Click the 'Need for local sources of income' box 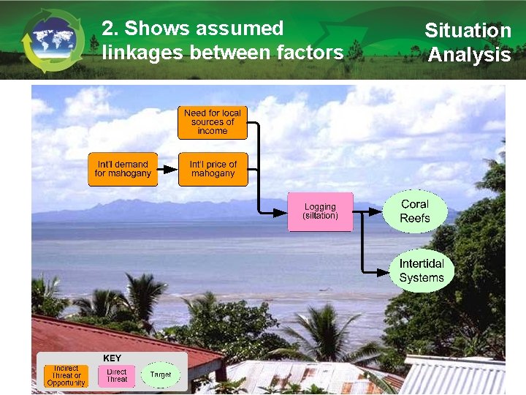[x=213, y=122]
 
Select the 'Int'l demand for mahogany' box [x=123, y=169]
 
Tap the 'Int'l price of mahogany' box [x=213, y=169]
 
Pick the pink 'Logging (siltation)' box [x=320, y=212]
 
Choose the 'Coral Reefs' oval [x=415, y=211]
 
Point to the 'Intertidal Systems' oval [x=422, y=271]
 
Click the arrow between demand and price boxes [x=168, y=169]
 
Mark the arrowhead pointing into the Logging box [x=281, y=212]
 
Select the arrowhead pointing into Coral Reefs [x=376, y=212]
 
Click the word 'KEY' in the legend [x=113, y=358]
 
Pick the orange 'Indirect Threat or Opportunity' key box [x=66, y=376]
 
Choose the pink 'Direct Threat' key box [x=117, y=376]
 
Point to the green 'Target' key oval [x=161, y=375]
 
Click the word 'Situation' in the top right [x=468, y=31]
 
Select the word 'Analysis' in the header [x=469, y=55]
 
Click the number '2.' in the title [x=110, y=29]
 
